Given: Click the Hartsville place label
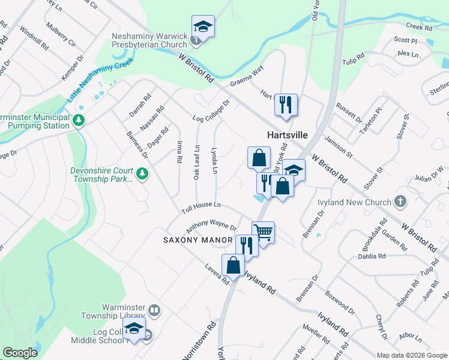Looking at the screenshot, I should (287, 136).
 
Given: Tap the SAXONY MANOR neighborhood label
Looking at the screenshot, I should (198, 240).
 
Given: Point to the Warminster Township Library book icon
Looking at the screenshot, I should (155, 310).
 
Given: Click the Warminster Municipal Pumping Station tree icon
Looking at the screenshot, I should (78, 121).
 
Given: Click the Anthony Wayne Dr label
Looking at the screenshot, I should (211, 227).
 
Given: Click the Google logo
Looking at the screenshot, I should (20, 353).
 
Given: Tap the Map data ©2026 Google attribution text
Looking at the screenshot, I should (411, 355).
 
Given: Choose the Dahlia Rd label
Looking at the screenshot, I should (373, 256).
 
